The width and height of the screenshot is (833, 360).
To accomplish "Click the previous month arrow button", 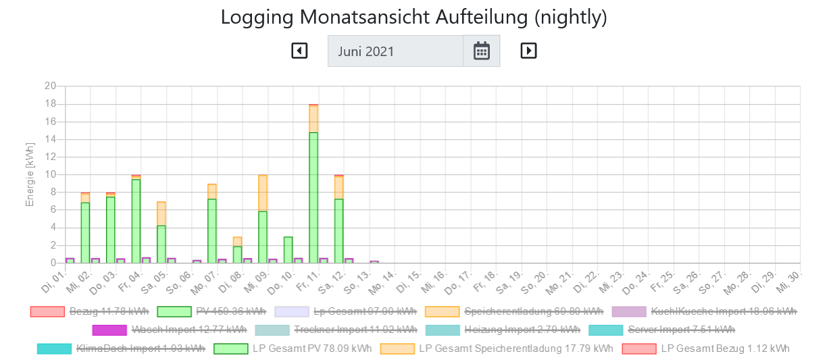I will [299, 51].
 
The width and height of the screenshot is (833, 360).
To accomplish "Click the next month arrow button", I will [528, 51].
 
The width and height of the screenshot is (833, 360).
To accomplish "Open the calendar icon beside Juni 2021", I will [481, 51].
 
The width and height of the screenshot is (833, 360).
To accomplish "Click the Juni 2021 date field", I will [395, 51].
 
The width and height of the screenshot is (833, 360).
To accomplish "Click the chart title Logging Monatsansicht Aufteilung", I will [414, 18].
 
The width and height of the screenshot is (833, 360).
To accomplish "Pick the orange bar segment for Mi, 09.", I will [263, 193].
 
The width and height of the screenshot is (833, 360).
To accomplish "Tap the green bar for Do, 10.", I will [288, 250].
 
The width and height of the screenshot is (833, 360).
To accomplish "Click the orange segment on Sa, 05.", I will [161, 213].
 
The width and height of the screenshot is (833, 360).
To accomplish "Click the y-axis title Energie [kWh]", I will [30, 174].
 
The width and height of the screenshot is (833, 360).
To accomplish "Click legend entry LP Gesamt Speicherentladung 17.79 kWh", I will [497, 349].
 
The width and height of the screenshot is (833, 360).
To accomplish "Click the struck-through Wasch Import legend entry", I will [170, 330].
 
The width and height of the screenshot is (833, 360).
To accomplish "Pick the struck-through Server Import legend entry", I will [662, 330].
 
